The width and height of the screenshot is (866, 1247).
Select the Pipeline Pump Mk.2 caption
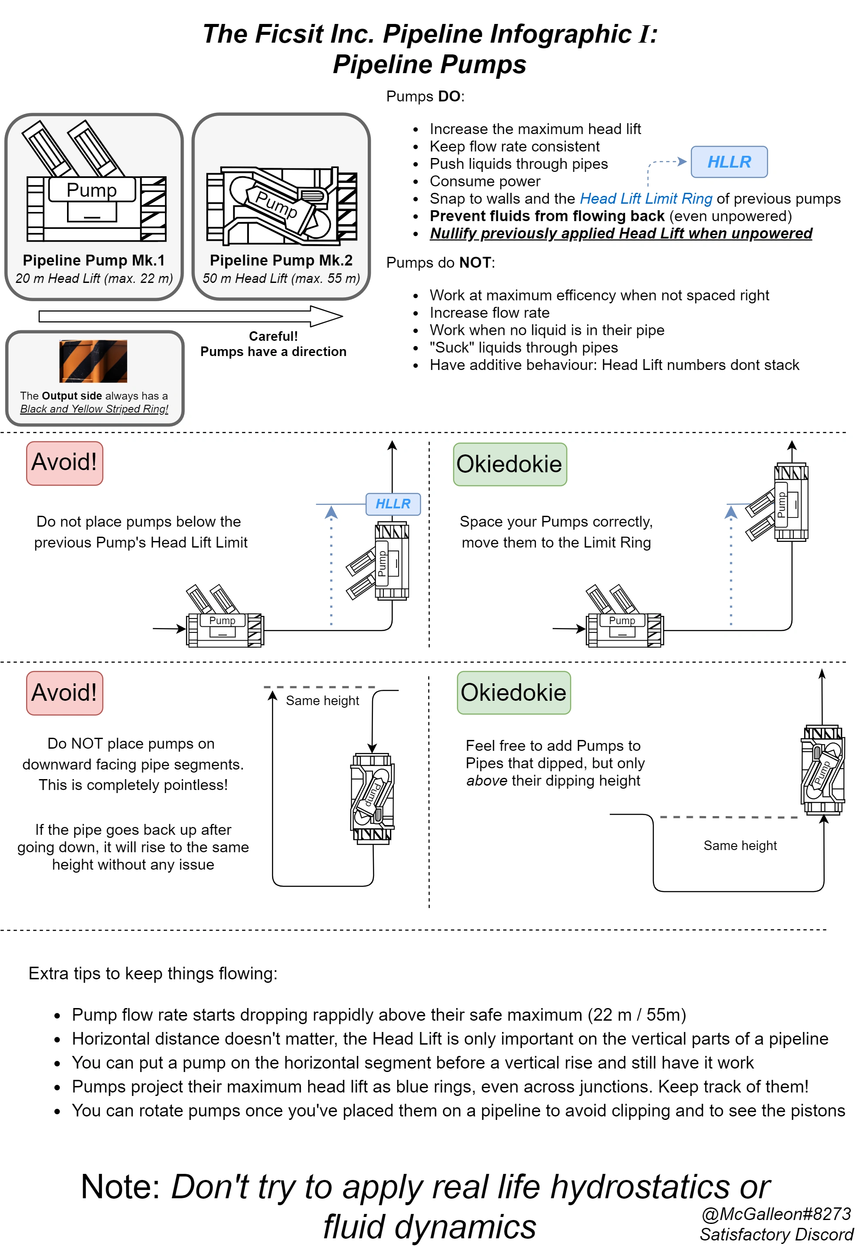coord(281,260)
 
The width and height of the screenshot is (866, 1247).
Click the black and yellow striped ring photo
coord(93,361)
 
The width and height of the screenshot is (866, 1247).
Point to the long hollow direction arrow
coord(190,316)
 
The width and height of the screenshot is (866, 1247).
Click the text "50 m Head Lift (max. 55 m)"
coord(281,279)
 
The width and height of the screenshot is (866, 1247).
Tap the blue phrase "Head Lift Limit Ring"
coord(645,198)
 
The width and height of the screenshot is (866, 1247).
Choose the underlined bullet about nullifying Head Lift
coord(620,233)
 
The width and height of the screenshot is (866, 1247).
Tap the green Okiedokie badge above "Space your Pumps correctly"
coord(509,464)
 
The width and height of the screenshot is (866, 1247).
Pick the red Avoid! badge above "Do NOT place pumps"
coord(64,692)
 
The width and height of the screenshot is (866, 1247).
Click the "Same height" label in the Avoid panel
coord(322,701)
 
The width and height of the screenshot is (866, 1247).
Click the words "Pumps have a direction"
coord(273,351)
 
